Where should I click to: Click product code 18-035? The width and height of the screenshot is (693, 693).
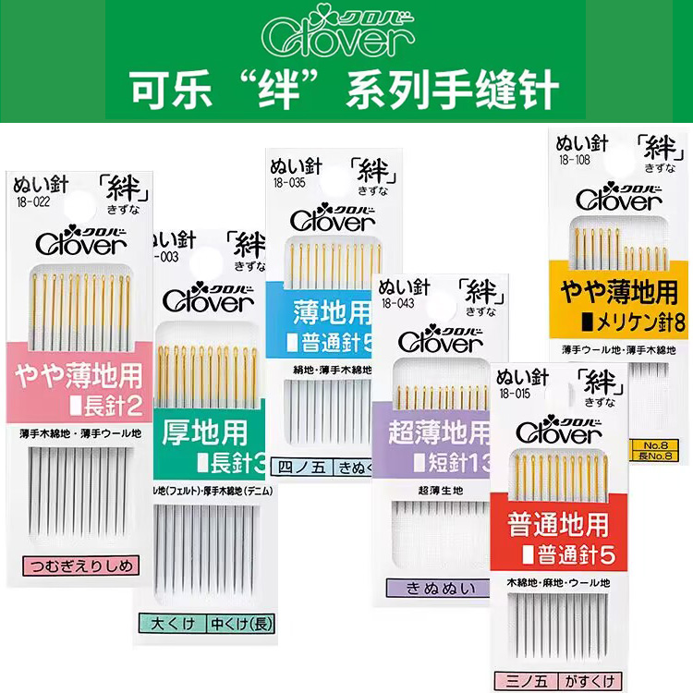click(287, 184)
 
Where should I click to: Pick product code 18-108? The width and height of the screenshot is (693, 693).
click(574, 158)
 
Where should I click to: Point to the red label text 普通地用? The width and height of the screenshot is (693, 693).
click(558, 524)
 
